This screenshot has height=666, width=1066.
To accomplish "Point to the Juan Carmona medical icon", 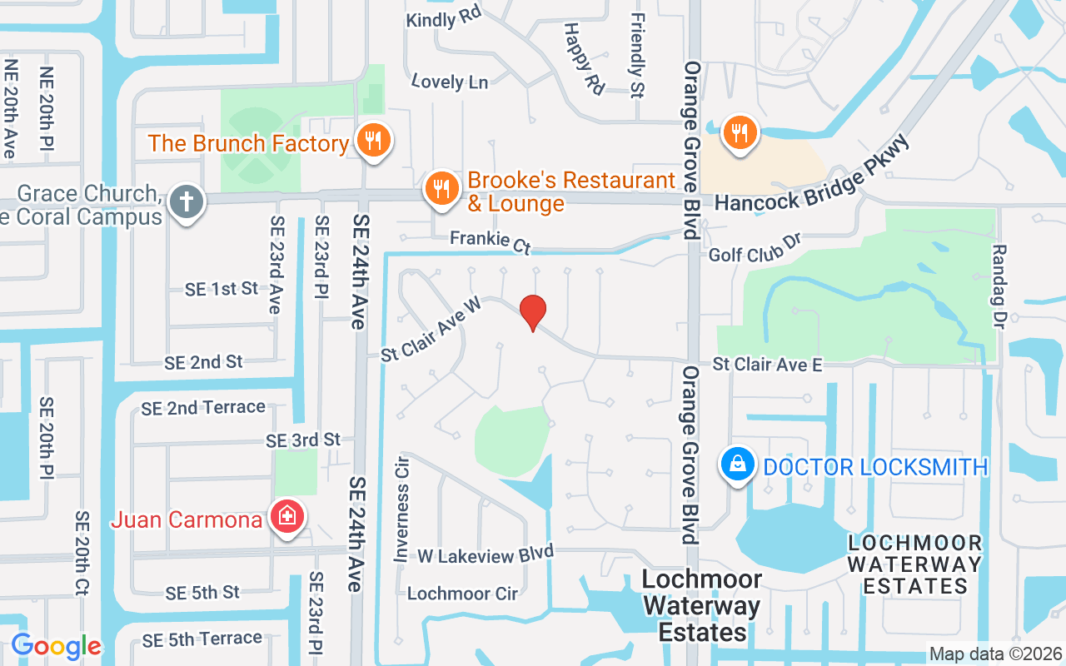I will click(287, 517).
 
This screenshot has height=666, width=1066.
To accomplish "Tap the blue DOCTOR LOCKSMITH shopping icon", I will click(738, 465).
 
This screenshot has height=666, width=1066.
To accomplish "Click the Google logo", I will click(56, 646).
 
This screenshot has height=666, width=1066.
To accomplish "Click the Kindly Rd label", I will click(444, 17).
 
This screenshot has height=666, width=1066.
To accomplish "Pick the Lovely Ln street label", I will click(450, 82).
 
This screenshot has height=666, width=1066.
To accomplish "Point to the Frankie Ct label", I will click(491, 241).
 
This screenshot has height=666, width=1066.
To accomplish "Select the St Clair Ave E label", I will click(767, 365).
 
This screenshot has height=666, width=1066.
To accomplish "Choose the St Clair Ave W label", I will click(431, 330).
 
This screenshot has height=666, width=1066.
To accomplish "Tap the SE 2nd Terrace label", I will click(203, 408).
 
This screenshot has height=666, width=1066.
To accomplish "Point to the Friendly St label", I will click(638, 55).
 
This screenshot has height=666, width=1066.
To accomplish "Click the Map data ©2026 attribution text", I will click(994, 654).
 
